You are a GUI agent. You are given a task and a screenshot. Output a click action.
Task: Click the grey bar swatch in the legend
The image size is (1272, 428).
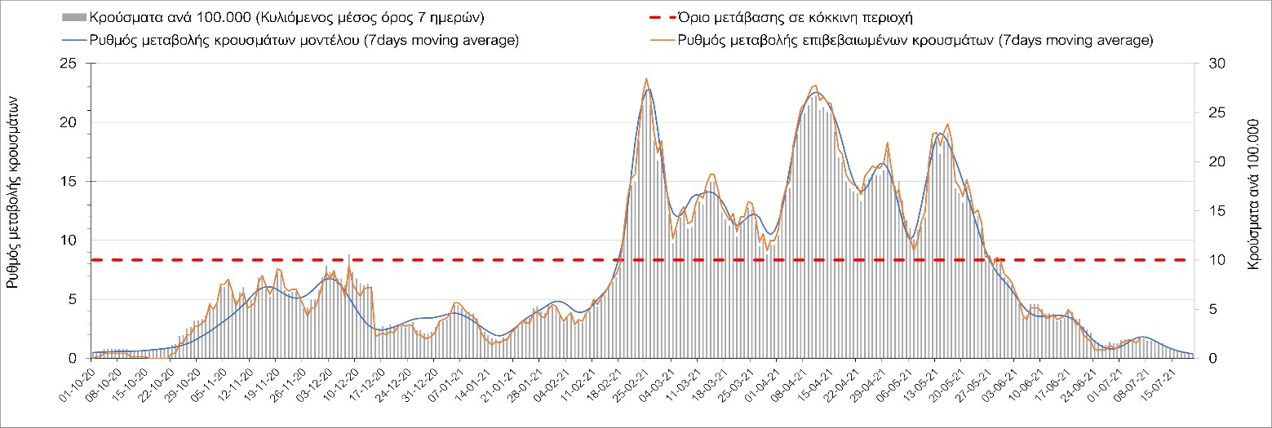pos(73,16)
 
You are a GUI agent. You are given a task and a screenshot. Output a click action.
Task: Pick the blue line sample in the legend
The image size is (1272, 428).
pos(73,40)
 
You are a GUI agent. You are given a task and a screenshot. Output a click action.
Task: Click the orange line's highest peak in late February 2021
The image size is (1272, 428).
pos(646,79)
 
